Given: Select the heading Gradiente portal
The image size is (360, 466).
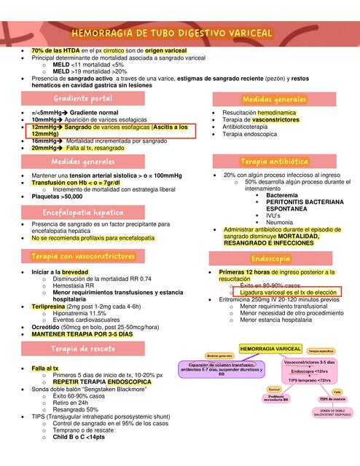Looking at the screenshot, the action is (82, 98).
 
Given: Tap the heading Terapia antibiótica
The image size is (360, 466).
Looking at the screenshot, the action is (273, 161).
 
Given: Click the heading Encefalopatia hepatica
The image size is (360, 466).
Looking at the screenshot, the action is (82, 212).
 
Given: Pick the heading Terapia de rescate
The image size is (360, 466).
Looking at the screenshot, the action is (82, 349).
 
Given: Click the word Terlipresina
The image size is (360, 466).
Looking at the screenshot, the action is (50, 307).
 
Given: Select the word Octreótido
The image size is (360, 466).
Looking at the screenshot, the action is (46, 327).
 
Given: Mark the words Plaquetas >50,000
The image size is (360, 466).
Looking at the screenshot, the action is (57, 196).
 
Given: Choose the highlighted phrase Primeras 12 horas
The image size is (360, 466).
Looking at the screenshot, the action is (249, 272).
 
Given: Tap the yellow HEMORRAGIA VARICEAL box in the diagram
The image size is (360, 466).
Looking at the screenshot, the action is (270, 349).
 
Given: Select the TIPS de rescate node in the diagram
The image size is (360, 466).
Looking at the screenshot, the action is (332, 399).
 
